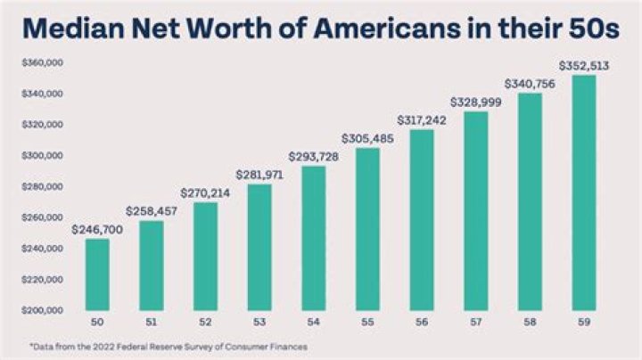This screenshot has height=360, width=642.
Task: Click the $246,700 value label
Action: (97, 229)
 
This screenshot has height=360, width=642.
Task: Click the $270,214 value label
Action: (206, 192)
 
